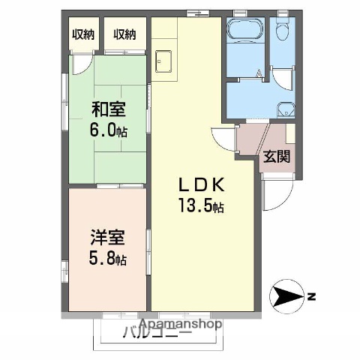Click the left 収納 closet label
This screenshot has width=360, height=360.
coord(82,34)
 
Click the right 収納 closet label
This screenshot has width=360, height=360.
coord(124,34)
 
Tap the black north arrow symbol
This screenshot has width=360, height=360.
coord(286,298)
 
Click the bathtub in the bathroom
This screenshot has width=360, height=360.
coord(242,31)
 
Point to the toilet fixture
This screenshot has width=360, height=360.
coord(282,29)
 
